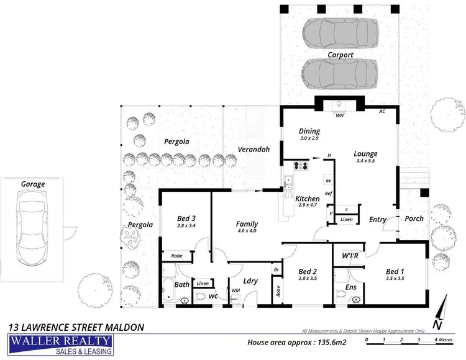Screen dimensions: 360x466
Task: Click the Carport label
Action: [x=340, y=55]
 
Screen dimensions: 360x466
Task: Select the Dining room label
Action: [x=309, y=131]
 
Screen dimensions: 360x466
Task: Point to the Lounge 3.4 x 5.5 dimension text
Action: [x=366, y=161]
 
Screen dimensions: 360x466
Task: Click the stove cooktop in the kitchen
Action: [x=300, y=166]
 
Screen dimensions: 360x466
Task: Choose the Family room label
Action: [x=247, y=224]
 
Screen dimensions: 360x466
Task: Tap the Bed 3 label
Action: [x=186, y=218]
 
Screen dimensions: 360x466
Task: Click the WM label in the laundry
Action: [x=235, y=290]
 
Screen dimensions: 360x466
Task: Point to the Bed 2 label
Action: [x=308, y=271]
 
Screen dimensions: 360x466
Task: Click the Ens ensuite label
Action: [x=351, y=287]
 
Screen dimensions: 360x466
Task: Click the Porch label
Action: [x=414, y=219]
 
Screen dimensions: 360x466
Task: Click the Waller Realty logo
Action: [x=60, y=345]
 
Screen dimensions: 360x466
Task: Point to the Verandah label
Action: [x=254, y=150]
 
